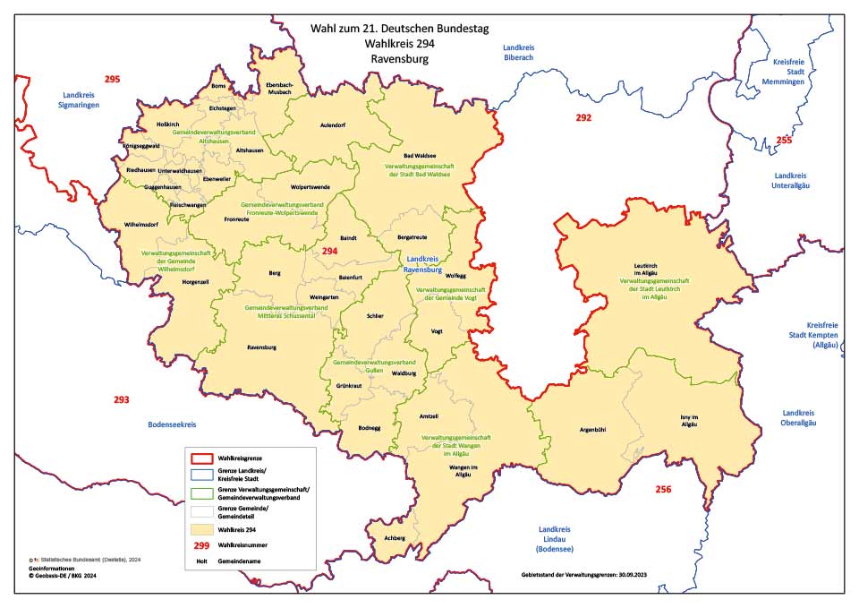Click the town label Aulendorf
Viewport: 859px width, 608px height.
pyautogui.click(x=333, y=125)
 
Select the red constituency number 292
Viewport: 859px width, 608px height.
pyautogui.click(x=583, y=118)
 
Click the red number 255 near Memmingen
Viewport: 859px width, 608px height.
pyautogui.click(x=784, y=141)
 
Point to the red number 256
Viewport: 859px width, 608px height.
pyautogui.click(x=663, y=489)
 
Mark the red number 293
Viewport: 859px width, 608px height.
pyautogui.click(x=122, y=399)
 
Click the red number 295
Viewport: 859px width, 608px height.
pyautogui.click(x=112, y=80)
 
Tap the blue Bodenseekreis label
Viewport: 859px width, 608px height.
pyautogui.click(x=172, y=424)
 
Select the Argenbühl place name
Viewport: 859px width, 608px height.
pyautogui.click(x=593, y=430)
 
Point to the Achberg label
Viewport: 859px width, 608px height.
pyautogui.click(x=394, y=538)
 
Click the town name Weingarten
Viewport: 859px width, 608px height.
pyautogui.click(x=323, y=295)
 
